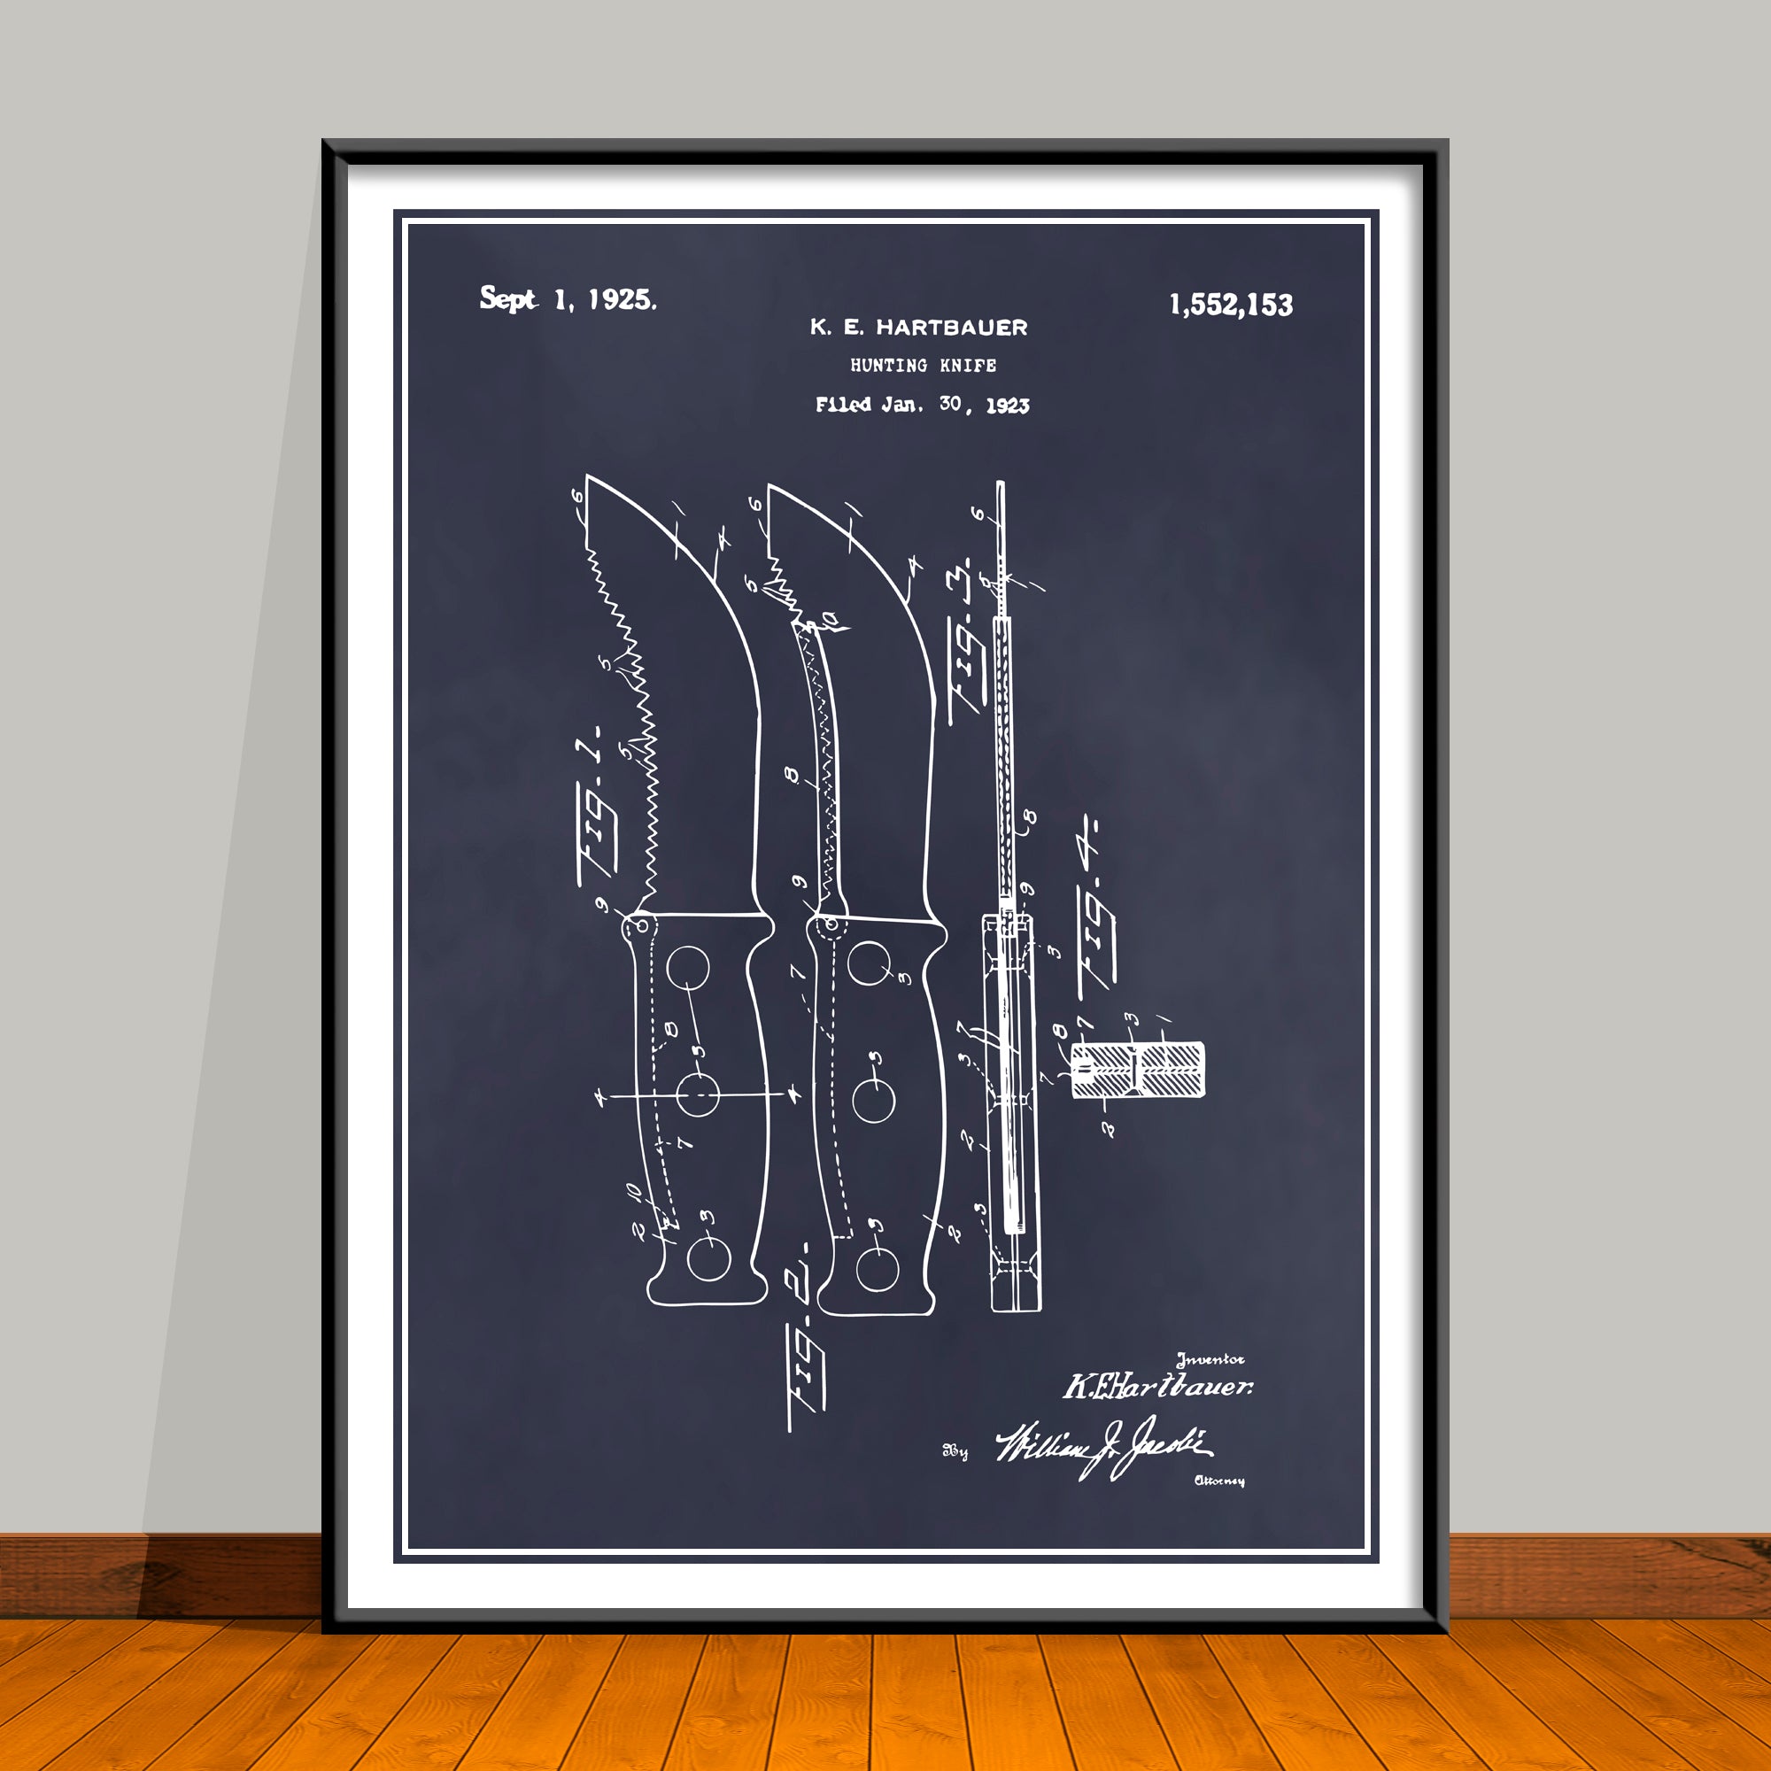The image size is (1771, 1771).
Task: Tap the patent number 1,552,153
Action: (1230, 305)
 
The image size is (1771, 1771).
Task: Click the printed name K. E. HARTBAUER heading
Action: (918, 328)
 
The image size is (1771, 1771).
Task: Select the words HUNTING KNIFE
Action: (922, 365)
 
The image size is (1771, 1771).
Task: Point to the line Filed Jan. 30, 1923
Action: (922, 405)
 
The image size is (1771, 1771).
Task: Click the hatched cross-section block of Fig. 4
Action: (1139, 1070)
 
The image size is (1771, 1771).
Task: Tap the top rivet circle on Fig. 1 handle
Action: (687, 969)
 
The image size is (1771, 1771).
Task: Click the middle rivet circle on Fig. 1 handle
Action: (698, 1095)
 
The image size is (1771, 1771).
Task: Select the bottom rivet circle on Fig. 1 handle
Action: (708, 1258)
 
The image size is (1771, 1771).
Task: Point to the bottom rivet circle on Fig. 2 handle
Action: (878, 1269)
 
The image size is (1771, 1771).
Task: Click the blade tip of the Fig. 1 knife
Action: (589, 477)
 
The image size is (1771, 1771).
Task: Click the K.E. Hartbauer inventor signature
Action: (1156, 1386)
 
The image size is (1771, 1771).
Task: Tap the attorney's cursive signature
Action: (1104, 1449)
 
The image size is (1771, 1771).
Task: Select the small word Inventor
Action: (1210, 1359)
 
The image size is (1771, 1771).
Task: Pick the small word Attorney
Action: (1219, 1481)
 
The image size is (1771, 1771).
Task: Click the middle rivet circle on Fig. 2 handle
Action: (874, 1100)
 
